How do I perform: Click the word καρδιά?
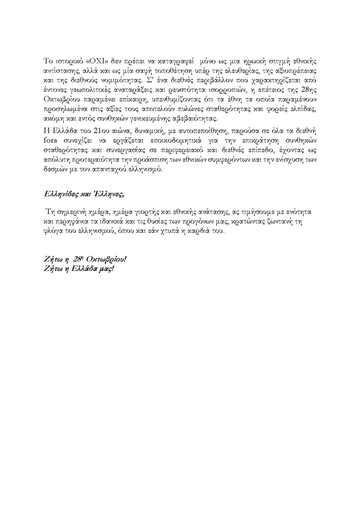[198, 231]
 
